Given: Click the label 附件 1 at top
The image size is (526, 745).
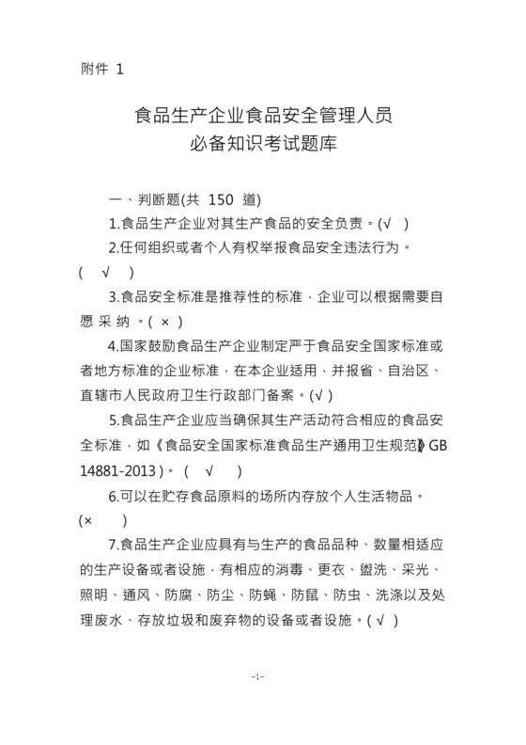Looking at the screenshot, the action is (x=102, y=69).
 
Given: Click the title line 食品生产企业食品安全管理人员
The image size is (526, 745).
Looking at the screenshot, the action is (x=264, y=117).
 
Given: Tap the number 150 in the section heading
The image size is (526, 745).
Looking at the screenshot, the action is (x=220, y=199).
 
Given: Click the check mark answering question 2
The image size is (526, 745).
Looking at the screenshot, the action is (x=104, y=273).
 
